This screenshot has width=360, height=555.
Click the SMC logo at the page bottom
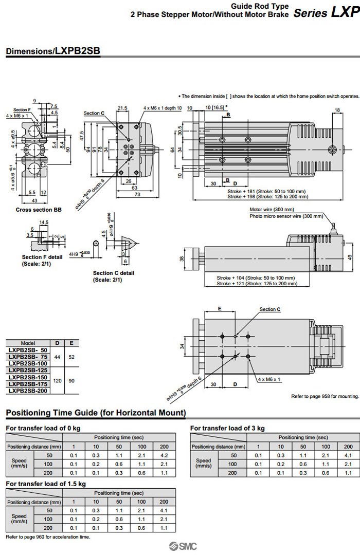click(x=180, y=546)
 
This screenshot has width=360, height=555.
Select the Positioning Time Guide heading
click(x=95, y=413)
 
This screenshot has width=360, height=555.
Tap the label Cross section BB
click(x=34, y=210)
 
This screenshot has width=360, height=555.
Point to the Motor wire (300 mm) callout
click(x=272, y=210)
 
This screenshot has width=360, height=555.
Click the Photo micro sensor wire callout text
click(x=279, y=216)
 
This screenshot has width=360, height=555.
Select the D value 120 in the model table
click(x=57, y=381)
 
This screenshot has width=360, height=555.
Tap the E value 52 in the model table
click(x=71, y=357)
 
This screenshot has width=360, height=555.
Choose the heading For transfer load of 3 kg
click(x=227, y=428)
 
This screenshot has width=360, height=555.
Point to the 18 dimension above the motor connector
click(x=337, y=110)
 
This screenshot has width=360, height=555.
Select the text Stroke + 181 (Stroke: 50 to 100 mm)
click(x=266, y=191)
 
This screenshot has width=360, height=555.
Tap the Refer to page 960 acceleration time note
click(x=48, y=537)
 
